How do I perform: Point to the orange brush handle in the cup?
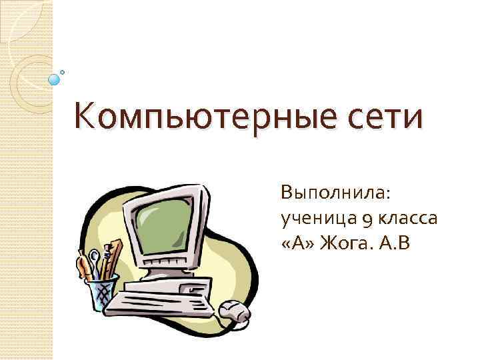click(83, 266)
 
